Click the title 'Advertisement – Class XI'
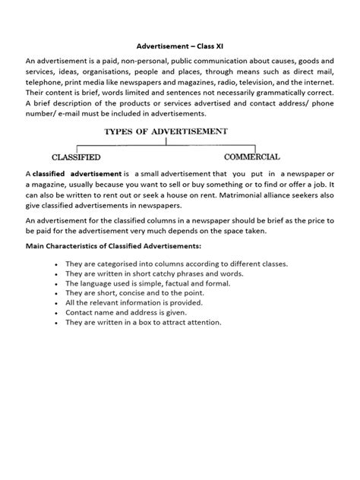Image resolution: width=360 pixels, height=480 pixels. [179, 45]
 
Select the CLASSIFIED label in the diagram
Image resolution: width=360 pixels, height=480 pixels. [77, 156]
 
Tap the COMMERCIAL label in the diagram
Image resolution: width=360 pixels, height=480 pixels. [252, 156]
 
